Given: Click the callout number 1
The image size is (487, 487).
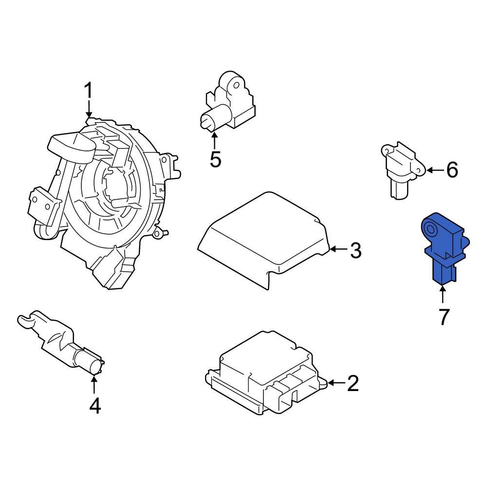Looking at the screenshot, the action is click(89, 91).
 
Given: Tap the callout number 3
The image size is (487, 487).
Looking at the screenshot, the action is click(356, 250).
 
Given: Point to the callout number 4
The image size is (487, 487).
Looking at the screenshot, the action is click(95, 406).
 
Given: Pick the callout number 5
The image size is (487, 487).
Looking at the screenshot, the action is click(215, 159).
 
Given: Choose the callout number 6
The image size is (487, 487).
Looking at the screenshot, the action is click(452, 169).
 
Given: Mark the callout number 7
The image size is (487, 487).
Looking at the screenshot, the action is click(444, 317).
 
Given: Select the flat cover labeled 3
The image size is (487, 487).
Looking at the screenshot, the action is click(263, 240).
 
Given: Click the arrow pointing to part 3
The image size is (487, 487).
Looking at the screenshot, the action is click(339, 249).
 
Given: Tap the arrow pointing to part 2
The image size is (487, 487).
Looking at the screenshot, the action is click(337, 383).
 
